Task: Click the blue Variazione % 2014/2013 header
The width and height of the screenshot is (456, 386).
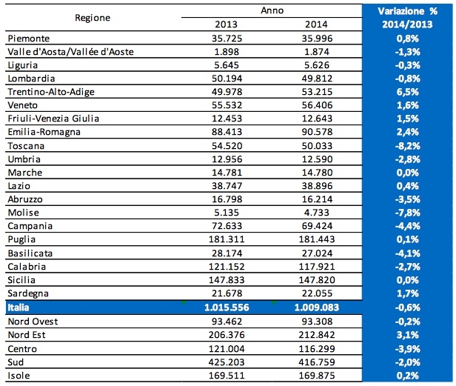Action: click(407, 17)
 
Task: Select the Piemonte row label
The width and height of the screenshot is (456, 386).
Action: click(29, 38)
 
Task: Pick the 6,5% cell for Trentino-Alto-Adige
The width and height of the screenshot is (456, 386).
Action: click(408, 91)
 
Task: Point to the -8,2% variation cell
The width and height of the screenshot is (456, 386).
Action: click(408, 144)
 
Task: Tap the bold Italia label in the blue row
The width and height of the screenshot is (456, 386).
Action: click(19, 305)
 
